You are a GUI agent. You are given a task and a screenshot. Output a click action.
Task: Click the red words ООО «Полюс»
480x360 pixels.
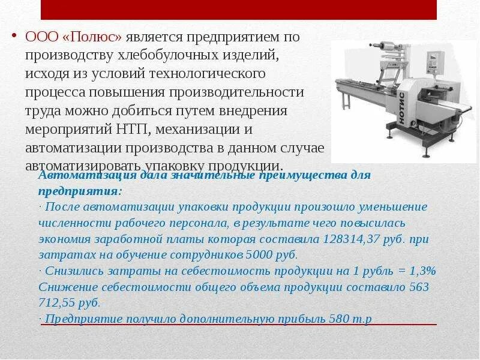click(x=74, y=37)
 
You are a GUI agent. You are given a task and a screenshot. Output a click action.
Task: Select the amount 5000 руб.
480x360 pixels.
click(x=260, y=254)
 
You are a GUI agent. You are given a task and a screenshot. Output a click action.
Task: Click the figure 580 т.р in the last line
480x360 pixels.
click(x=350, y=318)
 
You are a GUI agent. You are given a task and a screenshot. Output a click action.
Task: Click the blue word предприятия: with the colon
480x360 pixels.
click(x=80, y=190)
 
